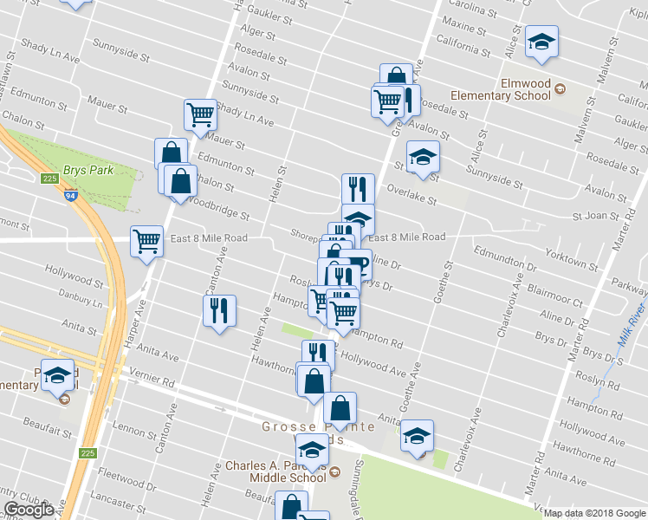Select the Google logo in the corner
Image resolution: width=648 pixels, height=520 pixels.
pyautogui.click(x=28, y=510)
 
